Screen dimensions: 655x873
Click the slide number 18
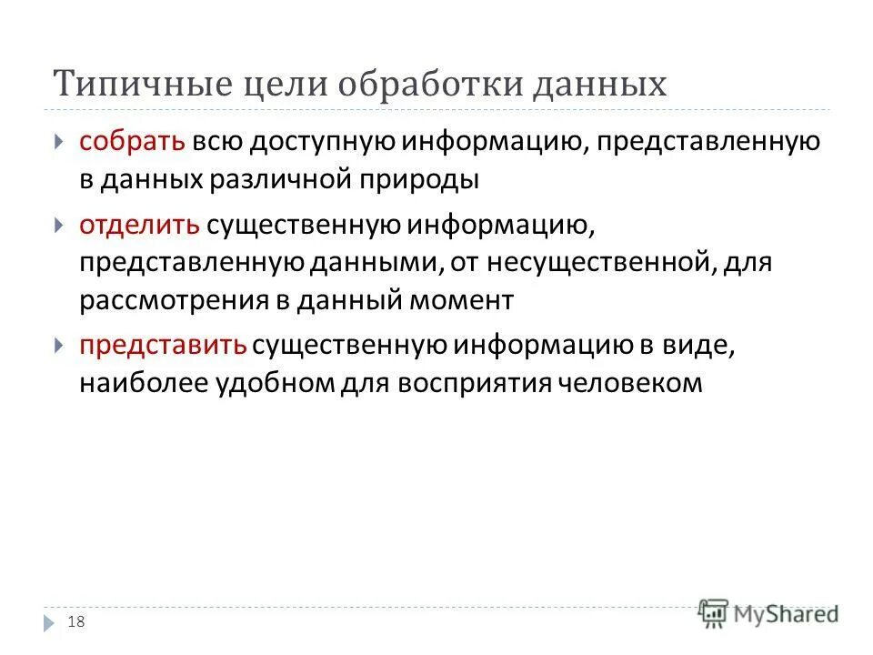(x=76, y=621)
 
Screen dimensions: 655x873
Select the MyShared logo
(x=768, y=614)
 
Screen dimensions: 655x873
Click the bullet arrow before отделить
(x=58, y=224)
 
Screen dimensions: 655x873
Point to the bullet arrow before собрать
(x=58, y=142)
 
